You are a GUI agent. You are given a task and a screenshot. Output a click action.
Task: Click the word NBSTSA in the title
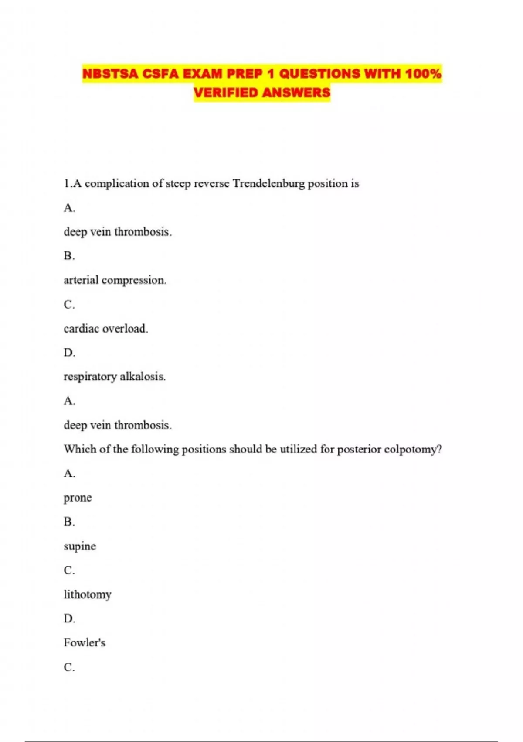click(x=110, y=74)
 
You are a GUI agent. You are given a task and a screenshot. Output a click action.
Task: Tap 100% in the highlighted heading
click(x=423, y=74)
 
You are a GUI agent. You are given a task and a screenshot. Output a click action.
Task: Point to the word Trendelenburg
click(x=268, y=183)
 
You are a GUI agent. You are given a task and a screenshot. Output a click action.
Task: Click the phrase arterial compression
click(x=115, y=280)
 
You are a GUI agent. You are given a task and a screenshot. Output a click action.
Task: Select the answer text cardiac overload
click(x=106, y=328)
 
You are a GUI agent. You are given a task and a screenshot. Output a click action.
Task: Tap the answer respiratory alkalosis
click(x=115, y=376)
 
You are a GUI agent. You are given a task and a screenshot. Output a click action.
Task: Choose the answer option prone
click(x=78, y=498)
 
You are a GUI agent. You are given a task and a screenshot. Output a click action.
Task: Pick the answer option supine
click(x=80, y=546)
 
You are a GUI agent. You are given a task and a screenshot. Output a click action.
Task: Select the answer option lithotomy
click(x=88, y=594)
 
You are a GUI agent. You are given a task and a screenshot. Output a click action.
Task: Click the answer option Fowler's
click(x=85, y=642)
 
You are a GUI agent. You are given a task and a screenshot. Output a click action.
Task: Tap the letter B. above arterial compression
click(x=69, y=256)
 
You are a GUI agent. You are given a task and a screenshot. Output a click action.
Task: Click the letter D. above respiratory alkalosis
click(x=69, y=352)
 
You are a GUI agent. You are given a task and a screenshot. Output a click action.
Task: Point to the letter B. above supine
click(x=69, y=522)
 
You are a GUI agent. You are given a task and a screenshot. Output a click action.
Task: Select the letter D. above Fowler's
click(x=69, y=618)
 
